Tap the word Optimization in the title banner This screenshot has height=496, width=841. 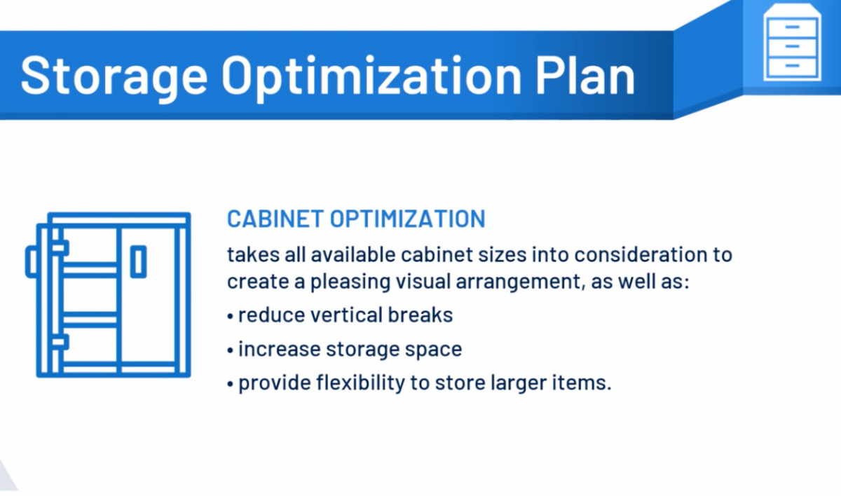(x=371, y=77)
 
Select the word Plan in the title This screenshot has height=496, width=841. (x=585, y=75)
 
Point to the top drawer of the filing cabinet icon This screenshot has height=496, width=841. (x=792, y=27)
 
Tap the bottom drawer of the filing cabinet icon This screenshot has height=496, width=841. (x=792, y=67)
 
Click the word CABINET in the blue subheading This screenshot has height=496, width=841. (x=275, y=219)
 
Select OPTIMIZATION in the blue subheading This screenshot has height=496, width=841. (x=408, y=219)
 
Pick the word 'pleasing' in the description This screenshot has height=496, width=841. (x=350, y=282)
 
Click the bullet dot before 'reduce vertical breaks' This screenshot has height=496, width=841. (x=231, y=316)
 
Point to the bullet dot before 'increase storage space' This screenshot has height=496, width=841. (x=231, y=350)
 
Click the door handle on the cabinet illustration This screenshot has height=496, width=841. (x=138, y=262)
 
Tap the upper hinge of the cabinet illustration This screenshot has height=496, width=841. (x=60, y=247)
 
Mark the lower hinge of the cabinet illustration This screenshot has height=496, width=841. (x=60, y=342)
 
